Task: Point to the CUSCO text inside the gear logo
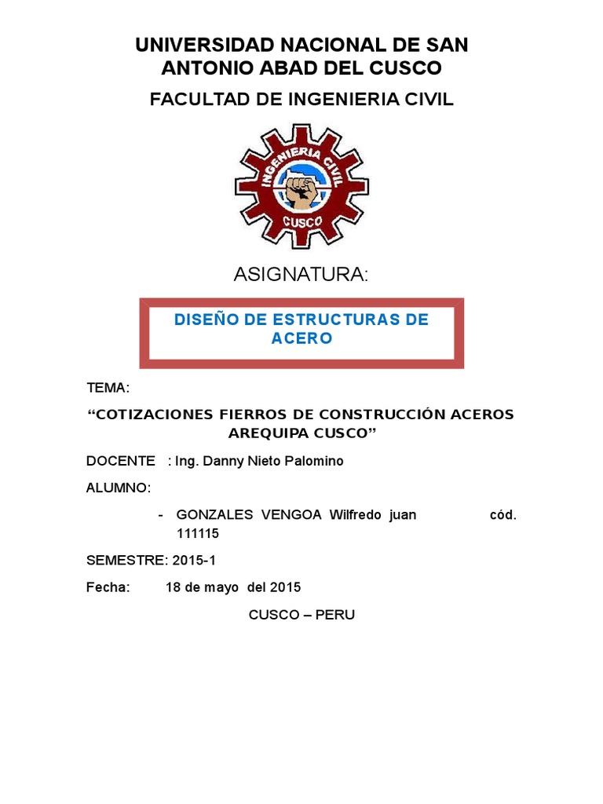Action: point(301,223)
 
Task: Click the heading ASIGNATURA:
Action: point(301,275)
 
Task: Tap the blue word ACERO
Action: point(301,338)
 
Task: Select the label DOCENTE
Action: point(121,461)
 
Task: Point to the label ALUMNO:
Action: point(118,488)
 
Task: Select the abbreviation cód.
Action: point(503,515)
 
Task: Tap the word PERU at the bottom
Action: point(335,615)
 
